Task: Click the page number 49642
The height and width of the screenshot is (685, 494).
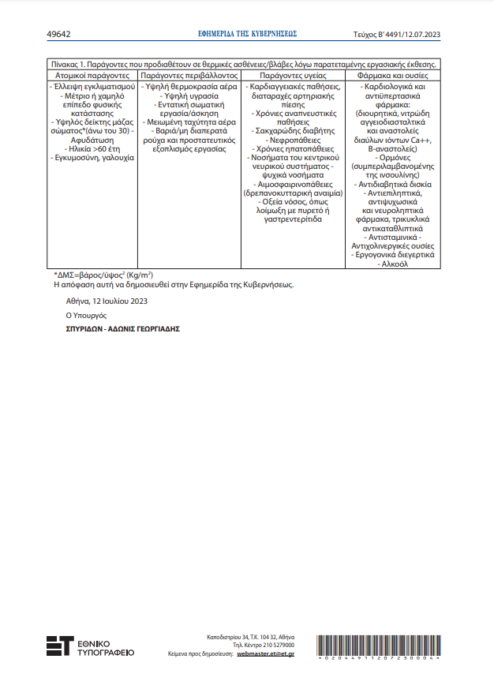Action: tap(59, 35)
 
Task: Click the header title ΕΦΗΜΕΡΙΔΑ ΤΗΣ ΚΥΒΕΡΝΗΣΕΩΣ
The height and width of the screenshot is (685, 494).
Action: tap(247, 35)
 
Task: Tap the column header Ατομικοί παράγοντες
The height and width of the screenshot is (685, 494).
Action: tap(92, 74)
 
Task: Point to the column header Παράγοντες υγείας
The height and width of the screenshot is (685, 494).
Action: tap(293, 74)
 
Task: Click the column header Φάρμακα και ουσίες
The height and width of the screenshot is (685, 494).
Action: tap(394, 74)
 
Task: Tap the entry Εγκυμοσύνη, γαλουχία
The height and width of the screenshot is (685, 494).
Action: tap(92, 158)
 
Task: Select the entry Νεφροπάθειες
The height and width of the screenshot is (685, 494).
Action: tap(293, 138)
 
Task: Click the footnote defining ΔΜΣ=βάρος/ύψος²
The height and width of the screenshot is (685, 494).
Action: tap(108, 275)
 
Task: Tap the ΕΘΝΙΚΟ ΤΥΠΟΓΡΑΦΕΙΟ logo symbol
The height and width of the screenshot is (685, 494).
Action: tap(60, 646)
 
